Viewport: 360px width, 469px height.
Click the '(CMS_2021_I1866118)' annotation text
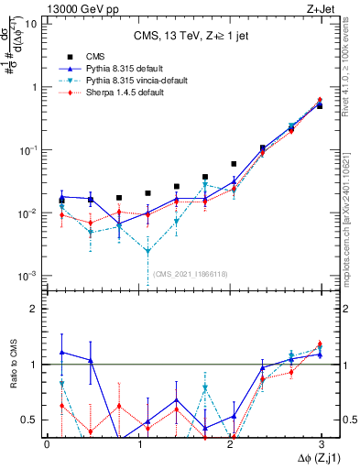191,274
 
